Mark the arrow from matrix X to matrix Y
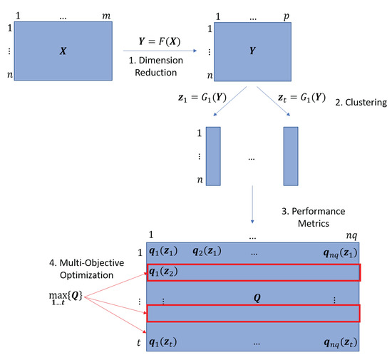pyautogui.click(x=155, y=52)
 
